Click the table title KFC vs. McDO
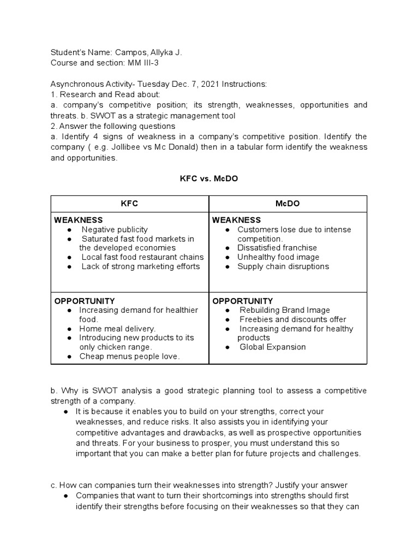tap(209, 178)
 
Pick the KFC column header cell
tap(130, 204)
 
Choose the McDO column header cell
tap(288, 204)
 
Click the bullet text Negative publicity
tap(115, 230)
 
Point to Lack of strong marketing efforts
tap(140, 267)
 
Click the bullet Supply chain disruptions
tap(283, 267)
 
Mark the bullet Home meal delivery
tap(117, 329)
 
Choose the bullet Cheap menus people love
tap(129, 357)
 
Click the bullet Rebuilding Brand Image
tap(285, 311)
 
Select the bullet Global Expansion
tap(273, 348)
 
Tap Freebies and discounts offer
tap(293, 320)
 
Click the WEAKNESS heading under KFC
tap(78, 220)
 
